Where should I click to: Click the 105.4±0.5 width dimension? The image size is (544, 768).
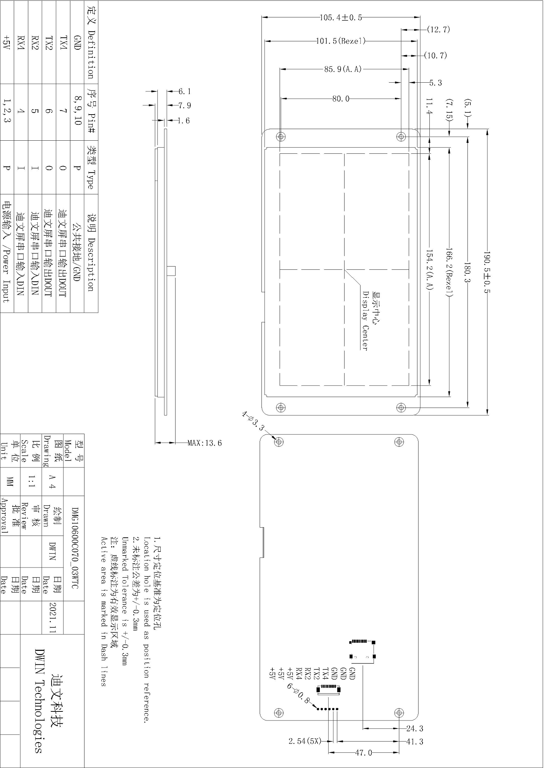[x=341, y=17]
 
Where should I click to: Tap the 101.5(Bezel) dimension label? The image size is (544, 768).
[x=341, y=41]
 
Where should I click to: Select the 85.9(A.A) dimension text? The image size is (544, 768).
[x=343, y=69]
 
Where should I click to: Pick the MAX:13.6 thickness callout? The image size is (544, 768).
[x=205, y=443]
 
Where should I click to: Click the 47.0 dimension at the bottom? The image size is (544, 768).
[x=363, y=753]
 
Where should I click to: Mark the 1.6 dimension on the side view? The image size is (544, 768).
[x=184, y=121]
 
